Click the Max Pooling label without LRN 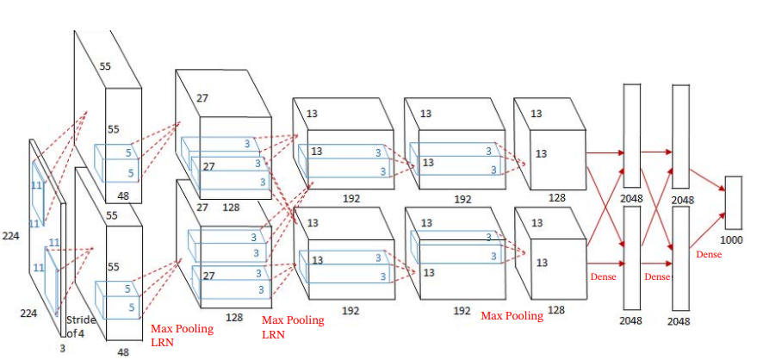(512, 316)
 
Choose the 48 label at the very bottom (124, 352)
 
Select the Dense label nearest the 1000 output (708, 255)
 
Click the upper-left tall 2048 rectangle (631, 135)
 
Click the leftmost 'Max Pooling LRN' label (182, 335)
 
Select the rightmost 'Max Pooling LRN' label (292, 326)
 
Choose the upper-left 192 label (350, 198)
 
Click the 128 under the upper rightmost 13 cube (556, 198)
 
